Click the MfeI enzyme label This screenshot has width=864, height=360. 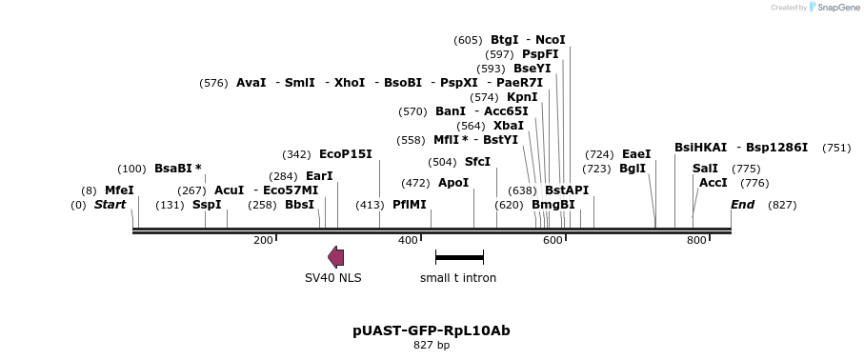click(x=119, y=190)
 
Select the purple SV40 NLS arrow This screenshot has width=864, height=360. click(x=335, y=256)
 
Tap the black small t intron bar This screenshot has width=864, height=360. click(x=459, y=257)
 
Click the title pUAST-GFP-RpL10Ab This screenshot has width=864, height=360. click(x=432, y=330)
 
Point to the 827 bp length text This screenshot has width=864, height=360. click(x=432, y=345)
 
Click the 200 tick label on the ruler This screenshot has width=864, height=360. click(x=264, y=240)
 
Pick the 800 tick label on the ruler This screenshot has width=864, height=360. click(x=696, y=240)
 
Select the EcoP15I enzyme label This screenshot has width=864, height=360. click(x=345, y=154)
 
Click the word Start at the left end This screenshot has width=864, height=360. click(x=110, y=205)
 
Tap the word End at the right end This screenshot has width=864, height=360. click(x=742, y=205)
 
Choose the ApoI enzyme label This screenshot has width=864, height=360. click(x=453, y=183)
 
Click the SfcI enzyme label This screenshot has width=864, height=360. click(x=477, y=162)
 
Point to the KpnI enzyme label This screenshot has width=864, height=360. click(x=522, y=97)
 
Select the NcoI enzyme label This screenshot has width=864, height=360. click(x=551, y=40)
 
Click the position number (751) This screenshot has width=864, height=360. click(x=835, y=148)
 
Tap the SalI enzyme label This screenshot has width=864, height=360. click(x=706, y=169)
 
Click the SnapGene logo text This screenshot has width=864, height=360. click(x=835, y=8)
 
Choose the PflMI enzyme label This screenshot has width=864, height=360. click(x=410, y=205)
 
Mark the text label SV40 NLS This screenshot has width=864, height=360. click(x=332, y=278)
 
